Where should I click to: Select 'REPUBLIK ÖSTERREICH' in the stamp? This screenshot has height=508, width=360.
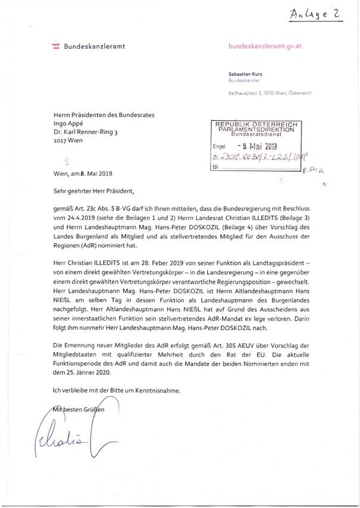[259, 123]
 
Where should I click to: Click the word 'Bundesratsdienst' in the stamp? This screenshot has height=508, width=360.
[259, 134]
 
